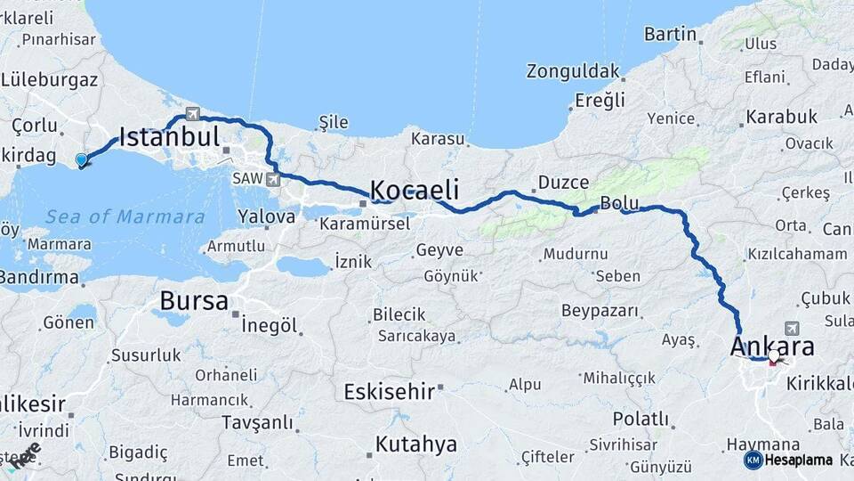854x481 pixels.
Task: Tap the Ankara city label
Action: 772,346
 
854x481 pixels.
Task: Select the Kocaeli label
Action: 414,190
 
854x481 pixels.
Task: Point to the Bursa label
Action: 194,301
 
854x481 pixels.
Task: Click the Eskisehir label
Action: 389,391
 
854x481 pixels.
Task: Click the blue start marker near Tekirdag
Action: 82,160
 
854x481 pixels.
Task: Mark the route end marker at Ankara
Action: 774,356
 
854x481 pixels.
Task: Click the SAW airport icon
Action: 272,180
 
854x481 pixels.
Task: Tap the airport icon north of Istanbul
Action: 191,113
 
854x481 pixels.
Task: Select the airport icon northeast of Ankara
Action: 792,329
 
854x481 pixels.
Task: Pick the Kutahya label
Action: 415,444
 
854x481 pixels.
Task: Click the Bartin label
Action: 670,34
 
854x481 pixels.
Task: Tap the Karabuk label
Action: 781,117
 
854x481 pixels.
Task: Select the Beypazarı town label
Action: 600,311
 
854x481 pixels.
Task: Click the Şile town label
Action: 334,122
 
